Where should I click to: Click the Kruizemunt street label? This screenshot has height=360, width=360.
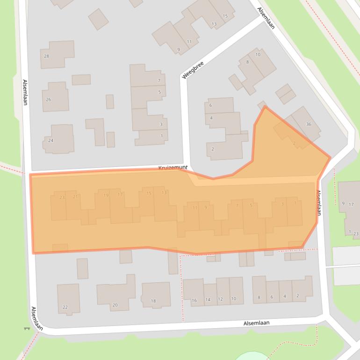173,167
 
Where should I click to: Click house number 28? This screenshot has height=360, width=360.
46,56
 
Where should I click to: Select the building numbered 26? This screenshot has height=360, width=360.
48,100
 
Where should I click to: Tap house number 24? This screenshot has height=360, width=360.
50,140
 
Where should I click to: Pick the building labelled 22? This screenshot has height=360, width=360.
65,307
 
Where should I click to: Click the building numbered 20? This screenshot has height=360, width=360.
115,305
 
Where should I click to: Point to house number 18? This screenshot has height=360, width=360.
153,301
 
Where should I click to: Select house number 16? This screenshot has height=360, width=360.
194,300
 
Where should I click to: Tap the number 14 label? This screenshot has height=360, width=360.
208,300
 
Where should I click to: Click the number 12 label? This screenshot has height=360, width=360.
220,299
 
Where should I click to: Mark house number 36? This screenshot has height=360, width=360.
309,124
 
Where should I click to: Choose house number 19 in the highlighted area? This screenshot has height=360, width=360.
106,195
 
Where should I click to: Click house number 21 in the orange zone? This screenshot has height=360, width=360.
75,197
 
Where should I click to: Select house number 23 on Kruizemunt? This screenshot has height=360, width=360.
62,198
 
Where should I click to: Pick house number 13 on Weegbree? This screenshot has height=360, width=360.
214,24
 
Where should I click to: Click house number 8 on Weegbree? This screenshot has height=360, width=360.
247,62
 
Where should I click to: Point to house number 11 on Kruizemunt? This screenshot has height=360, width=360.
195,208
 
